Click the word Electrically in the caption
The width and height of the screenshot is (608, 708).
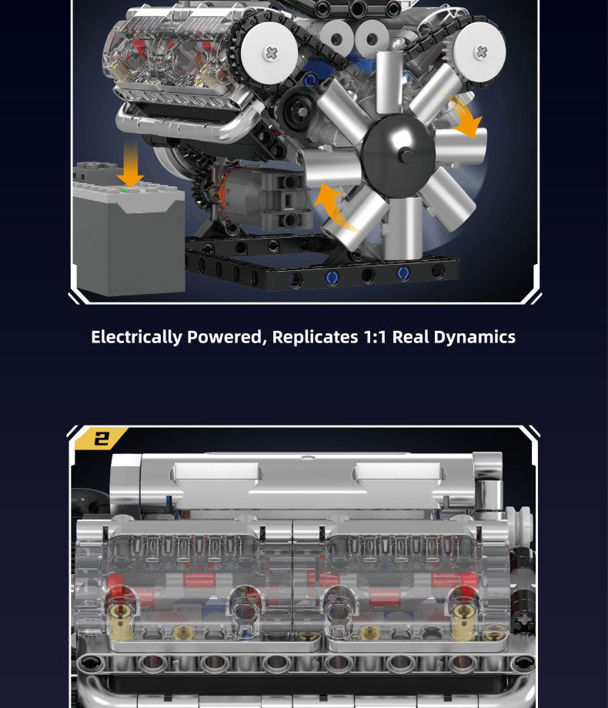136,337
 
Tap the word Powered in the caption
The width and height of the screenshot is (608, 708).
225,337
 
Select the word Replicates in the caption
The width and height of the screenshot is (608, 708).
315,337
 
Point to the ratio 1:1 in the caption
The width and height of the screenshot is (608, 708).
375,337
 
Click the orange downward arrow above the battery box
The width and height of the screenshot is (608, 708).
131,165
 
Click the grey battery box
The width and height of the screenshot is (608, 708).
129,230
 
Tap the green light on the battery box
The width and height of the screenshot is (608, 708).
122,192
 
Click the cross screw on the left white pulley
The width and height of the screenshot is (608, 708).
271,53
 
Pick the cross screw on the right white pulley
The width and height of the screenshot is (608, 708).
481,52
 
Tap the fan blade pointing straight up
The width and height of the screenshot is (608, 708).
389,82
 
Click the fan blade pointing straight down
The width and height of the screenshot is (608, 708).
403,228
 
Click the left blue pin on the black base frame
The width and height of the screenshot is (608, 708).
332,277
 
